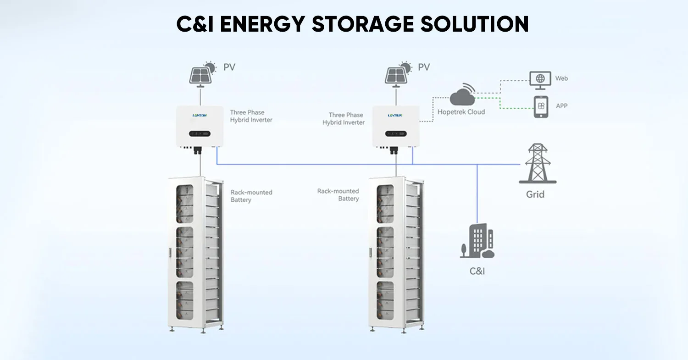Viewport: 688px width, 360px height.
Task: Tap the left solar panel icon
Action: tap(203, 73)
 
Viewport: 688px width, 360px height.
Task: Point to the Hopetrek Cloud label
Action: tap(461, 112)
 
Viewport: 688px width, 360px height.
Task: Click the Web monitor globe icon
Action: tap(540, 79)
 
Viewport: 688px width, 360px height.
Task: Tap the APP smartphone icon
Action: tap(541, 106)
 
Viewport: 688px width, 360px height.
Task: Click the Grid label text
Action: tap(535, 194)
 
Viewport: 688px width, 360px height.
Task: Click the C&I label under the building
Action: tap(477, 271)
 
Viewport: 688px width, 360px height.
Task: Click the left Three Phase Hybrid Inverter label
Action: tap(251, 116)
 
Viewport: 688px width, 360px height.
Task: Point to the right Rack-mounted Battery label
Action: tap(338, 195)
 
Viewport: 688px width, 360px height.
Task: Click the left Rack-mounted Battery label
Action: tap(251, 196)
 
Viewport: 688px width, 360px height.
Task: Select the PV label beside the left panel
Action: tap(229, 67)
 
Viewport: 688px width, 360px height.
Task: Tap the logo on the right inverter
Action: tap(395, 116)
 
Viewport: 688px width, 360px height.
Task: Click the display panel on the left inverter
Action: tap(200, 134)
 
